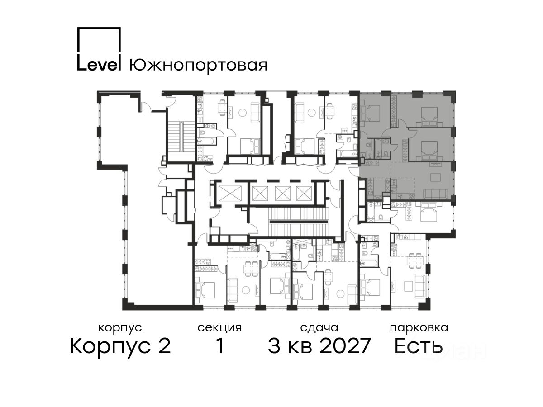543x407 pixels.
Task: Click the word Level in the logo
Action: pyautogui.click(x=99, y=65)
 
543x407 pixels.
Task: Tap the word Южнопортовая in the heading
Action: pyautogui.click(x=198, y=66)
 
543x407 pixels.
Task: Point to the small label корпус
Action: pyautogui.click(x=120, y=328)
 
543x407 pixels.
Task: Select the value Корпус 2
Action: pyautogui.click(x=120, y=346)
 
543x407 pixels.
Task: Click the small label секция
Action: pyautogui.click(x=219, y=328)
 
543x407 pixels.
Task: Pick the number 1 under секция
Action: pyautogui.click(x=219, y=346)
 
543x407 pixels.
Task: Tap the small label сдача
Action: pyautogui.click(x=319, y=328)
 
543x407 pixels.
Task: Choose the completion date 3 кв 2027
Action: pyautogui.click(x=319, y=346)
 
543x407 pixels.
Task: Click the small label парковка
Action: pyautogui.click(x=419, y=328)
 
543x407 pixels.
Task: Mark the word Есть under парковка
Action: pyautogui.click(x=418, y=346)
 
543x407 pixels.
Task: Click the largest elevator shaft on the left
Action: pyautogui.click(x=230, y=194)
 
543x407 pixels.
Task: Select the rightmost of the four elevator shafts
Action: pyautogui.click(x=304, y=194)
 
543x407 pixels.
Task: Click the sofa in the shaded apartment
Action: pyautogui.click(x=436, y=194)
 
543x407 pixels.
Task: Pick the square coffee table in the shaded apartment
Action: pyautogui.click(x=436, y=177)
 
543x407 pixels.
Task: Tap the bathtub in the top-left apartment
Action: pyautogui.click(x=207, y=142)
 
